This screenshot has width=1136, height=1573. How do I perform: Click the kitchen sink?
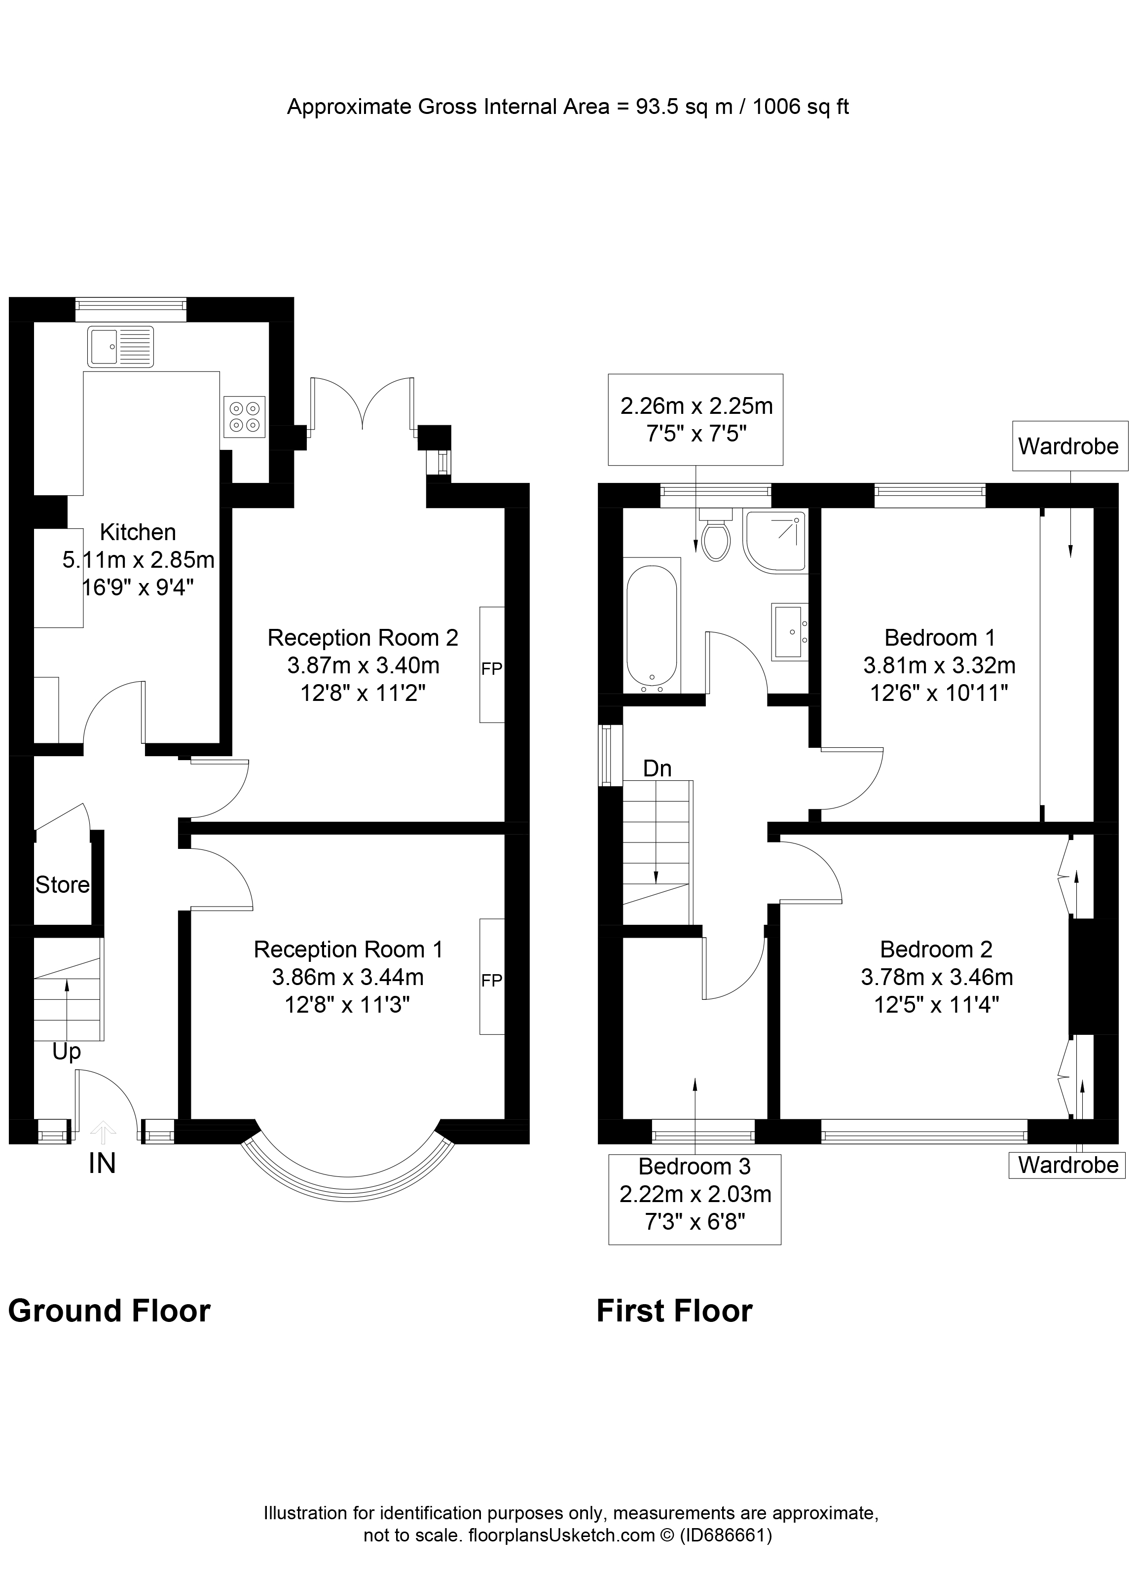[x=120, y=346]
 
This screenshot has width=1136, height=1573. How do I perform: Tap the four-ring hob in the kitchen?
[x=244, y=416]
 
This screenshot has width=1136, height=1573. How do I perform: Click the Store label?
[x=63, y=885]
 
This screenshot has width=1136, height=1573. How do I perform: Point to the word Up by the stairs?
[x=67, y=1052]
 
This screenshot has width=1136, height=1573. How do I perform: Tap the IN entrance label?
[x=102, y=1164]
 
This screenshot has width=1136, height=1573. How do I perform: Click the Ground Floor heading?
[x=109, y=1311]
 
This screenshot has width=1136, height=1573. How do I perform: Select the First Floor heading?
[x=674, y=1311]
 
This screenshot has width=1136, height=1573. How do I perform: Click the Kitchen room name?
[x=138, y=532]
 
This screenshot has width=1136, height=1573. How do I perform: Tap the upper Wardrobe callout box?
[x=1068, y=446]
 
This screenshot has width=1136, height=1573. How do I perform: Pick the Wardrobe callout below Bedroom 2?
[x=1068, y=1165]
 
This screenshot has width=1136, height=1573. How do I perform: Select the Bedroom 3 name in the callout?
[x=694, y=1167]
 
